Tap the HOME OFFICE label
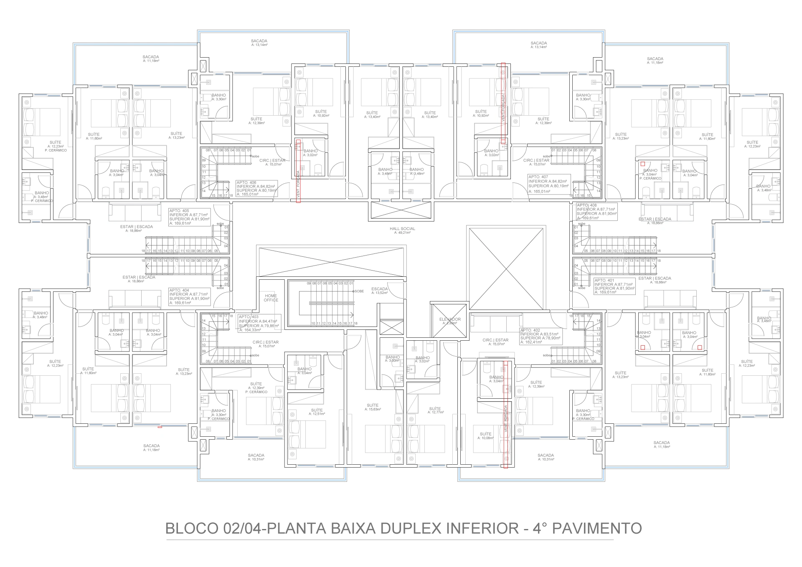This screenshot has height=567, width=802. point(271,298)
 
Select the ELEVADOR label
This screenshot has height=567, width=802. point(449,321)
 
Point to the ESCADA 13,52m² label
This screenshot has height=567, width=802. point(379,291)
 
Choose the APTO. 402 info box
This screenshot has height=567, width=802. point(541,336)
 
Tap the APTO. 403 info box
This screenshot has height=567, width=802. point(259,323)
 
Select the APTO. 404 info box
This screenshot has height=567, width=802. point(189,296)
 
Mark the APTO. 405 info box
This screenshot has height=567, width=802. point(189,217)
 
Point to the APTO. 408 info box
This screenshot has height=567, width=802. point(596,212)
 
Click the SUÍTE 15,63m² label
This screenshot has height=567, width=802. point(373,407)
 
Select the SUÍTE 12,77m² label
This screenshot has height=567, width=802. point(435,410)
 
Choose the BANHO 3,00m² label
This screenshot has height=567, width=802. point(393,359)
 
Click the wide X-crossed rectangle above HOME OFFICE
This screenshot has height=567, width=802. point(332,261)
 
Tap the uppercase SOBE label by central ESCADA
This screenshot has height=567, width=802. point(359,291)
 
